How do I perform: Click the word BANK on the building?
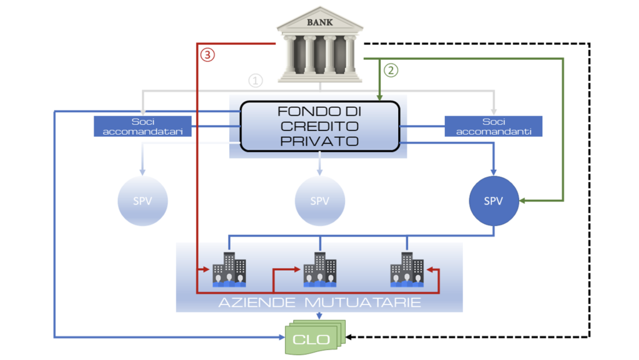point(319,22)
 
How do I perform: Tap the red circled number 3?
point(208,55)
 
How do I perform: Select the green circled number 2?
point(391,70)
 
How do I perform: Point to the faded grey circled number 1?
point(255,80)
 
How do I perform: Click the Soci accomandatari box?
point(143,126)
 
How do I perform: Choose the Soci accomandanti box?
point(494,126)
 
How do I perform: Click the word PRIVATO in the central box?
point(319,140)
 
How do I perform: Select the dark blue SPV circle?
point(494,201)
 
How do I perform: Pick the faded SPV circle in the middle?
point(319,201)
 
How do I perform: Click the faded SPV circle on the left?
point(143,201)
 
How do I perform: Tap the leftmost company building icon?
point(229,270)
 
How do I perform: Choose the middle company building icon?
point(319,270)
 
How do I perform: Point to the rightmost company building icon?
point(407,270)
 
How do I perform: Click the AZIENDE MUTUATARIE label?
point(319,303)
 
